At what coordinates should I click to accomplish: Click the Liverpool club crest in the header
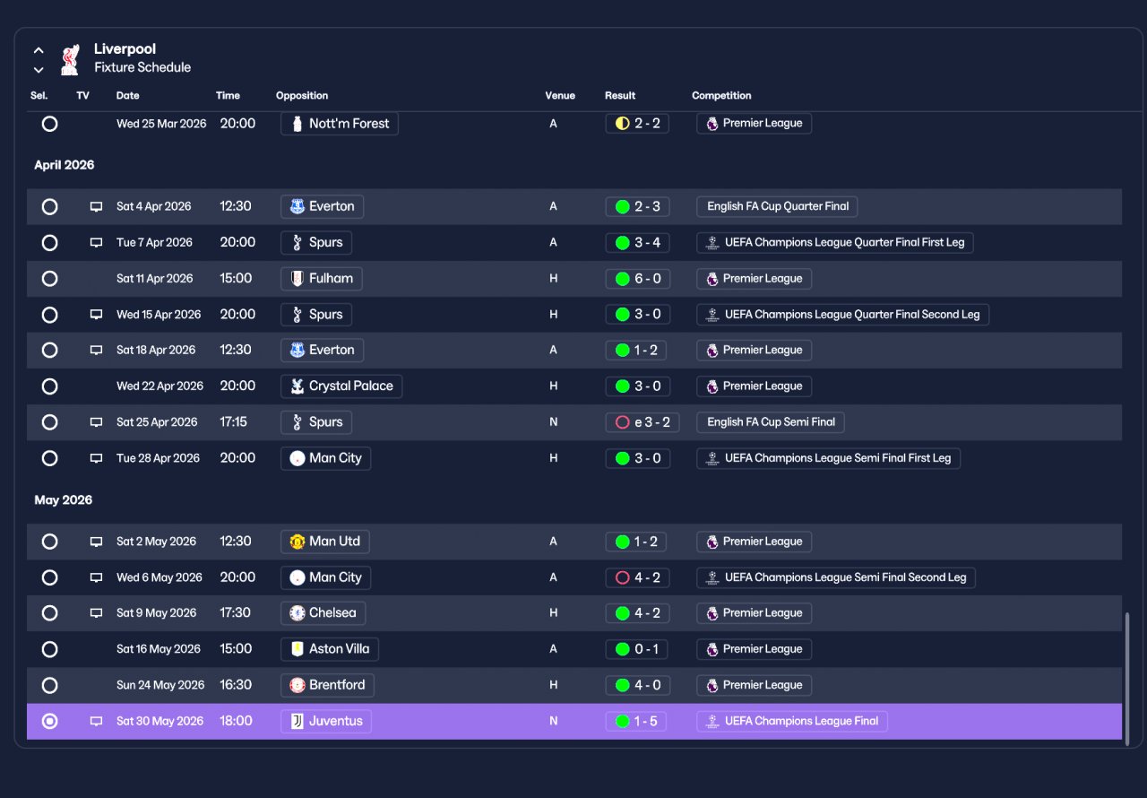tap(70, 59)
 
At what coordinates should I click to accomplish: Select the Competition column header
tap(721, 95)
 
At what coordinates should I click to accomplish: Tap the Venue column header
tap(560, 95)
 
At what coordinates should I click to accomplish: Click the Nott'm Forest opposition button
tap(340, 124)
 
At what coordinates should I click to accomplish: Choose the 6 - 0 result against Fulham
tap(637, 279)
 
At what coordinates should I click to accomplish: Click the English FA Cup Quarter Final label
tap(777, 206)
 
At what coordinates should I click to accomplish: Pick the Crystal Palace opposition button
tap(341, 386)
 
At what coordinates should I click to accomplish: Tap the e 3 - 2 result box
tap(642, 422)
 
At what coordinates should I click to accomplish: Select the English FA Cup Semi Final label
tap(770, 422)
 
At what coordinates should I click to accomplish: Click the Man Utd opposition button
tap(325, 542)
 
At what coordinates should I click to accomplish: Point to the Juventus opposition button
tap(326, 721)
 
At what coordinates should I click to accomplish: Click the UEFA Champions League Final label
tap(792, 721)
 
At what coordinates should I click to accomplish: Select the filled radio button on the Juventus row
tap(49, 721)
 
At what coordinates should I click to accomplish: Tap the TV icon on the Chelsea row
tap(96, 613)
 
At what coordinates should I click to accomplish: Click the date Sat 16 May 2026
tap(159, 649)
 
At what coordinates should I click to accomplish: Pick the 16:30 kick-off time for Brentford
tap(236, 685)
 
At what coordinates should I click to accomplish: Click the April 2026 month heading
tap(64, 165)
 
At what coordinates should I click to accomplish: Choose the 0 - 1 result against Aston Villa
tap(636, 649)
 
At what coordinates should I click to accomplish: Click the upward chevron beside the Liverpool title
tap(39, 50)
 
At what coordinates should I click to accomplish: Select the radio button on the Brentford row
tap(49, 685)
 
